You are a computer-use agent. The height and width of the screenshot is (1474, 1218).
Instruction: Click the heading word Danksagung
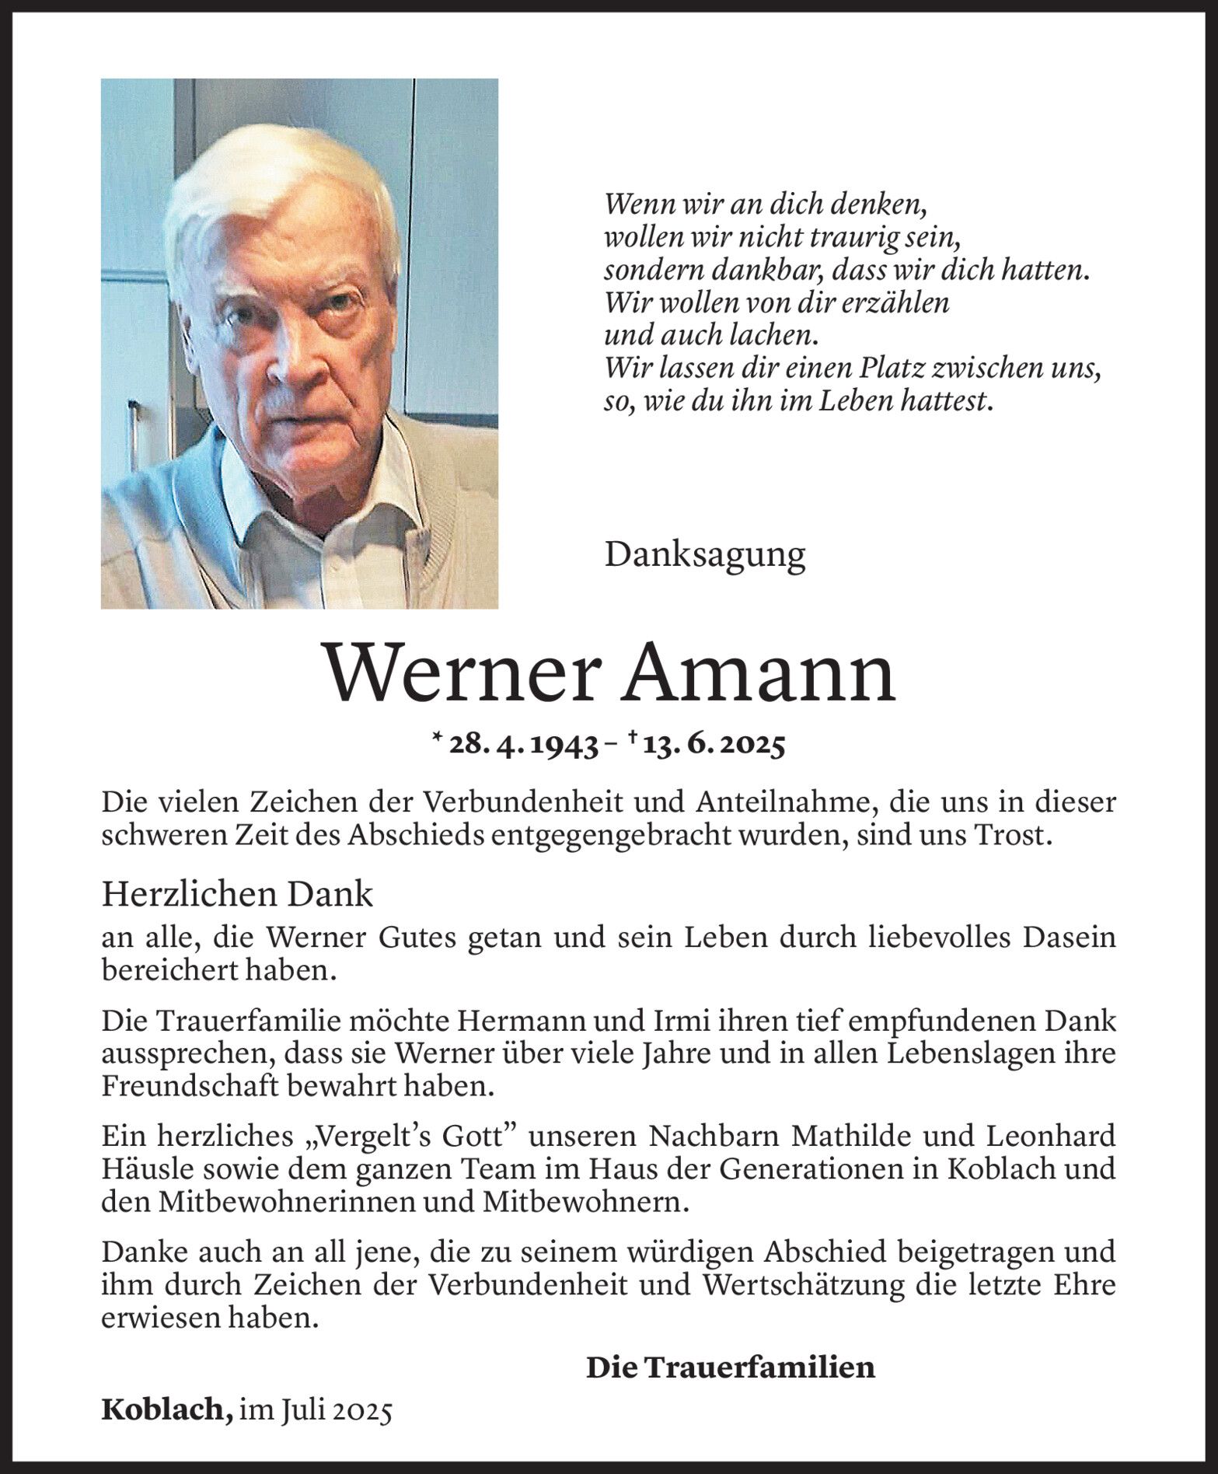[704, 555]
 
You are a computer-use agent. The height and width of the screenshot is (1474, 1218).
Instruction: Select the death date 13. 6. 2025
[714, 746]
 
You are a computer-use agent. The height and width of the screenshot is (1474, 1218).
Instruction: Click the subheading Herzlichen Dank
[237, 895]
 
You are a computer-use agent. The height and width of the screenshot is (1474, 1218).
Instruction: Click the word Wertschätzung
[802, 1286]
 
